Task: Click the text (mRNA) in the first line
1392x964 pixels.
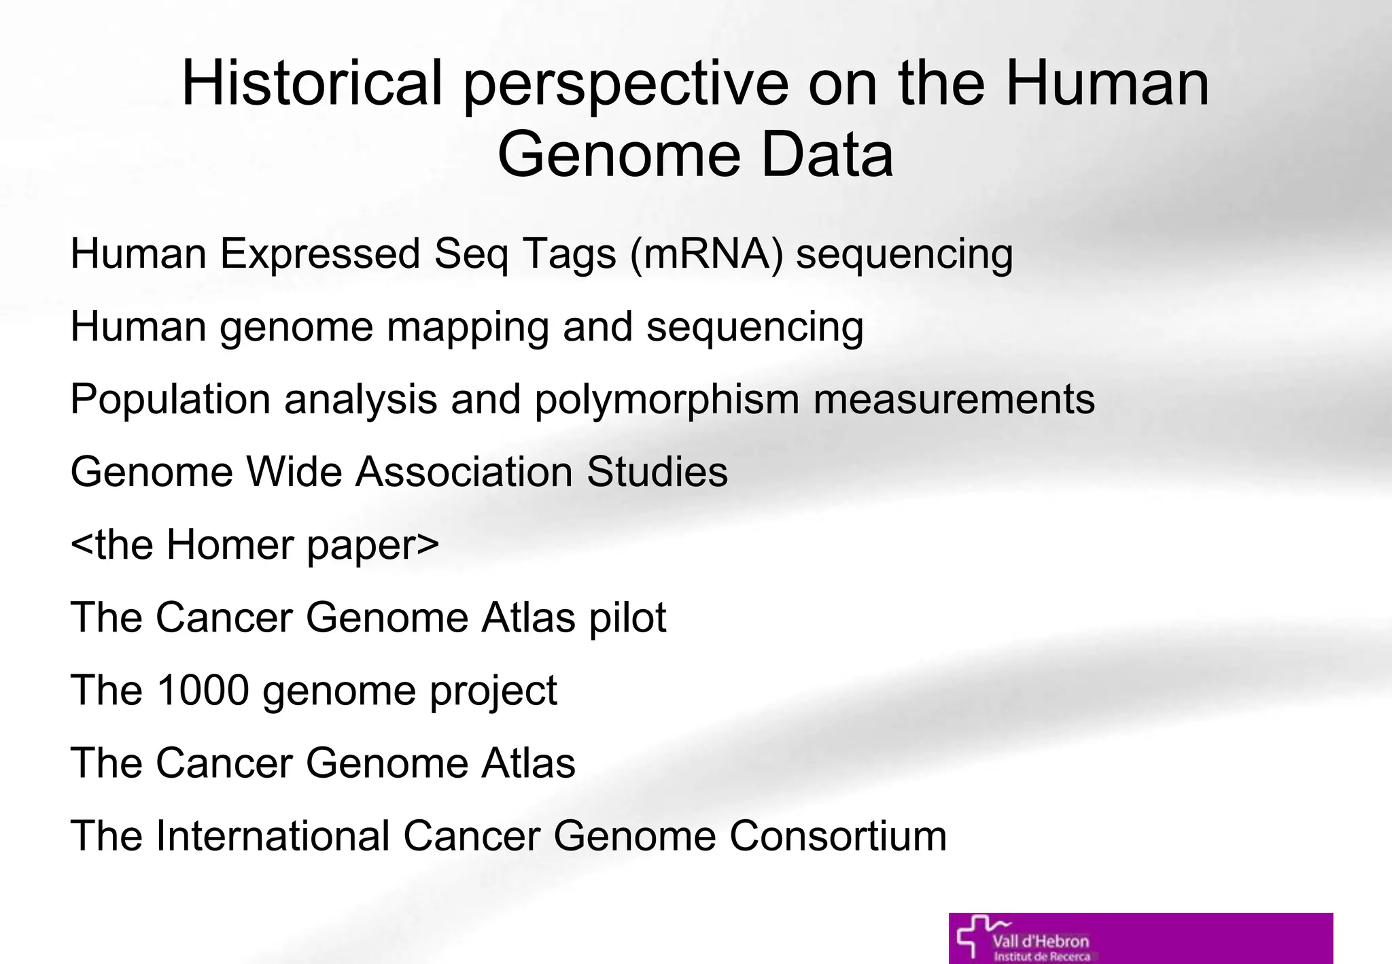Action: (707, 255)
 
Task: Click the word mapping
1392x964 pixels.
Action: (467, 328)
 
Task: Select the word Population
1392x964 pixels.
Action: (170, 399)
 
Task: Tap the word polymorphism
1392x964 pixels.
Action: (666, 400)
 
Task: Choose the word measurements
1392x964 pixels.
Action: (954, 399)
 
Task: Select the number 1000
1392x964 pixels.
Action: (203, 690)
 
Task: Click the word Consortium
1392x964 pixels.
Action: (837, 836)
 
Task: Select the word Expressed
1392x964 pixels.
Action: (319, 255)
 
